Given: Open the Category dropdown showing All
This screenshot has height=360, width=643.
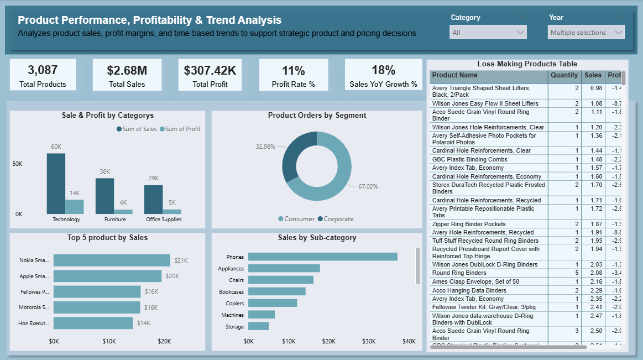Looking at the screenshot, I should pos(488,33).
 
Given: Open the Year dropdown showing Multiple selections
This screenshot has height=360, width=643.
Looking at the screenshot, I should pos(586,33).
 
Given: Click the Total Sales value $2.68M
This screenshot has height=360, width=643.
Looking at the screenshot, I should pos(127,70).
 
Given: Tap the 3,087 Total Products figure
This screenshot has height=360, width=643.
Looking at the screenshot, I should pos(43,70).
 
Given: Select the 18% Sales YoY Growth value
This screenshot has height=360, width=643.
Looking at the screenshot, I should pos(383,70).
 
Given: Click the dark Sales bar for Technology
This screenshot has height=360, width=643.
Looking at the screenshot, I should pos(56,184).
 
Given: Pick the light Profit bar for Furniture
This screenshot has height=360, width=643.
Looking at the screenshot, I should pos(123,211).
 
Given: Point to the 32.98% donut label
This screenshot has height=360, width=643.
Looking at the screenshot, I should pos(266,147).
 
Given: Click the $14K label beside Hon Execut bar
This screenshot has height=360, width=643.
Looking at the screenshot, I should pos(144,323).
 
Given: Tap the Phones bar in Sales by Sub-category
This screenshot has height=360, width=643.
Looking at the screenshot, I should pos(322,257).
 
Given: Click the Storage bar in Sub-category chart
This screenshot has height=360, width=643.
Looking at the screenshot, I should pos(258,326).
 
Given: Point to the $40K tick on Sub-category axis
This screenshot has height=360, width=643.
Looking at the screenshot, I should pos(409,342).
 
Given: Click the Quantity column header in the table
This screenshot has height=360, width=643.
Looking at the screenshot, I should pos(564,75).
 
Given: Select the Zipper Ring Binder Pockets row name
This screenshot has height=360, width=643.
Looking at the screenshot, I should pos(468,224).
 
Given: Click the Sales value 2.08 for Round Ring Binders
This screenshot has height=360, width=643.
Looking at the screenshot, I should pos(593,273).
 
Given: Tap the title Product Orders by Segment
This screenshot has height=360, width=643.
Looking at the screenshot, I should pos(317,116).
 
